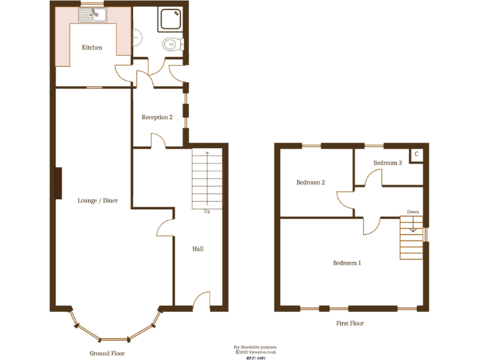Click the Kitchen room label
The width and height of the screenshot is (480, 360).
tap(92, 47)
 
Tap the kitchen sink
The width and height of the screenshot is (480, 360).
tap(92, 15)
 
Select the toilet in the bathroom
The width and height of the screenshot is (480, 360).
tap(171, 44)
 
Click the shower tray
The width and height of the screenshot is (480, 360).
tap(171, 21)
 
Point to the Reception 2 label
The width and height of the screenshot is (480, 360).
tap(157, 117)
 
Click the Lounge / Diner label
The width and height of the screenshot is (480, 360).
tap(97, 201)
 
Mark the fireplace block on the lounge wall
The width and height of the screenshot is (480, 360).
tap(58, 183)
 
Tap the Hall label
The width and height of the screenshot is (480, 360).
tap(197, 249)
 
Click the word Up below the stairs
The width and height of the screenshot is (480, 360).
tap(206, 211)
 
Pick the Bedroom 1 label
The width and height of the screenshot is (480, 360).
tap(347, 263)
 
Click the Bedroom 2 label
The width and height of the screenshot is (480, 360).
tap(311, 182)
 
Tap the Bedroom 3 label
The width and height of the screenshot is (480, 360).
tap(387, 163)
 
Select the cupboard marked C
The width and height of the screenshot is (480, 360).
tap(416, 154)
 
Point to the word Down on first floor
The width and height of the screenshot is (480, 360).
tap(413, 212)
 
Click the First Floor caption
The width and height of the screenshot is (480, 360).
tap(349, 324)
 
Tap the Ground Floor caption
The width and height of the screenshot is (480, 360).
tap(107, 353)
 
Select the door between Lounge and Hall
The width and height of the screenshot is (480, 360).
tap(164, 227)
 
